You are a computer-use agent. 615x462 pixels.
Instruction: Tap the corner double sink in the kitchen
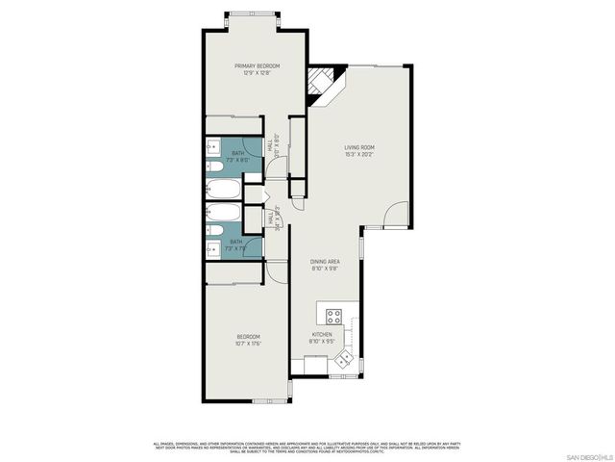[344, 360]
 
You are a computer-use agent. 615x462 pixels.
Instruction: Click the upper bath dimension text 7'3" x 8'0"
[237, 160]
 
